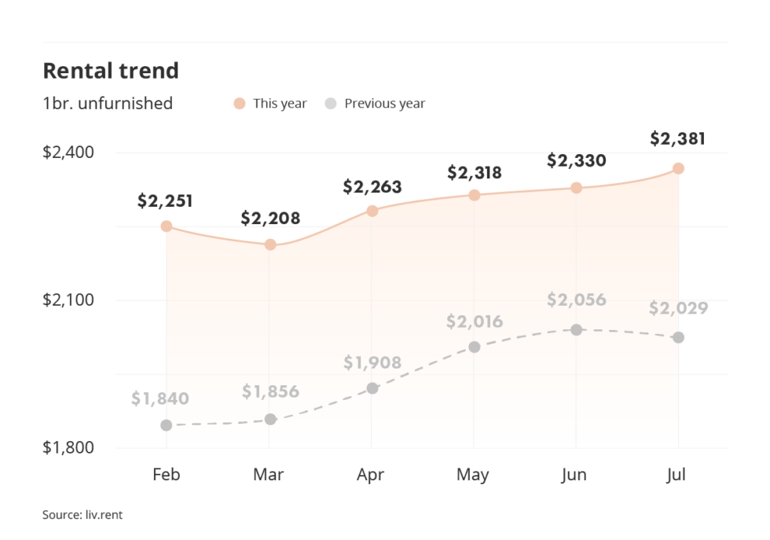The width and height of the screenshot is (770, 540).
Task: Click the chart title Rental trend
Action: click(111, 71)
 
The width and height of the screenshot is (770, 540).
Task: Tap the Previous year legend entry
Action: click(376, 104)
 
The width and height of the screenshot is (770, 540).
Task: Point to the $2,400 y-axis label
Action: click(68, 152)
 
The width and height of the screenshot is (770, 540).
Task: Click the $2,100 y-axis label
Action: click(68, 300)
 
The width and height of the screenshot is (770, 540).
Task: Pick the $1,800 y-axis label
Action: click(68, 448)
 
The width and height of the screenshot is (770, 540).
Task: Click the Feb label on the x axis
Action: click(166, 475)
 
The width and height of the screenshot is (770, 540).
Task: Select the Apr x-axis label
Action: click(371, 475)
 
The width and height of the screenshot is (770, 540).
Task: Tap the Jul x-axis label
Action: click(678, 475)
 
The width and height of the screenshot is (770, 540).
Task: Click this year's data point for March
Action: click(269, 244)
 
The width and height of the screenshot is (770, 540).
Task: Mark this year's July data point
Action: click(678, 168)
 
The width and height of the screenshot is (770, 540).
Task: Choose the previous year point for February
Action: click(167, 425)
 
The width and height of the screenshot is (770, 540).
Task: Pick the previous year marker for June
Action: click(576, 329)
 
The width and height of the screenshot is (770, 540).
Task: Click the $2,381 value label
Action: click(677, 139)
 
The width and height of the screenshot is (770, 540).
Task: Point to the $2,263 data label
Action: click(372, 187)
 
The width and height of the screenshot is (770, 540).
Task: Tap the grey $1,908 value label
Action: click(372, 363)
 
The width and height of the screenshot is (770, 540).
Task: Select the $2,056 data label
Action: click(576, 299)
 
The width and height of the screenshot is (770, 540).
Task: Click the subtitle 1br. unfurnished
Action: click(108, 104)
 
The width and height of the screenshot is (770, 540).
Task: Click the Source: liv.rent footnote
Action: click(82, 516)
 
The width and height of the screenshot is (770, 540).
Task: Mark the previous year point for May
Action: click(474, 347)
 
